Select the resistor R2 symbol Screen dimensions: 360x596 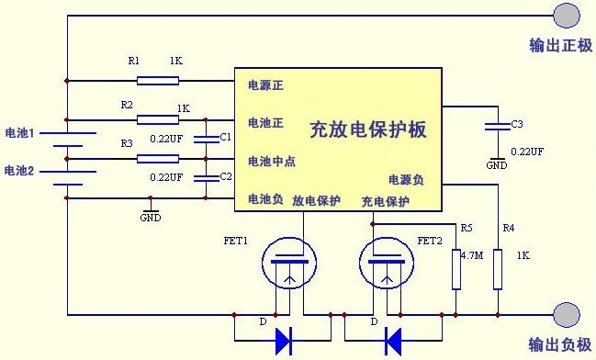pyautogui.click(x=158, y=118)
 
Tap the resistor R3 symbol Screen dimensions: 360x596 pyautogui.click(x=158, y=158)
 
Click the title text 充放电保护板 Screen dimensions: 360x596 pyautogui.click(x=367, y=129)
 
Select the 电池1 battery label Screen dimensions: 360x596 pyautogui.click(x=19, y=133)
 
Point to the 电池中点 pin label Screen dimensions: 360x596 pyautogui.click(x=272, y=162)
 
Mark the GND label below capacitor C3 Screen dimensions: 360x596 pyautogui.click(x=497, y=165)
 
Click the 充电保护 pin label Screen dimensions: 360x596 pyautogui.click(x=385, y=201)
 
